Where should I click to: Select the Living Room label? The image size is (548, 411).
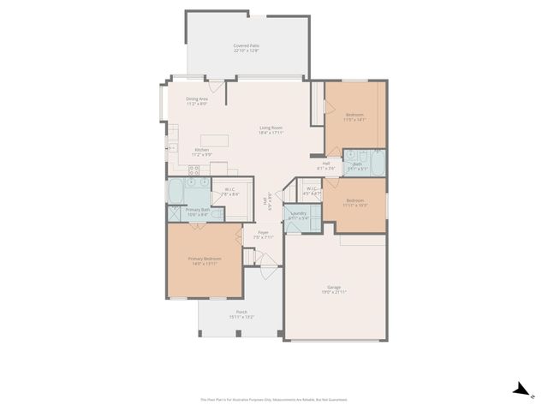pyautogui.click(x=272, y=129)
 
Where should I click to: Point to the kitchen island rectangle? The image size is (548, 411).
pyautogui.click(x=214, y=140)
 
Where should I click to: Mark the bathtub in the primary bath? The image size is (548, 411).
pyautogui.click(x=177, y=190)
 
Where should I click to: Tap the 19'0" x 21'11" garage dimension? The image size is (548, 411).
pyautogui.click(x=335, y=293)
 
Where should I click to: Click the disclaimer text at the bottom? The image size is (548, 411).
pyautogui.click(x=274, y=399)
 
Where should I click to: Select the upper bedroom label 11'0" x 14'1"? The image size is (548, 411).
pyautogui.click(x=354, y=120)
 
